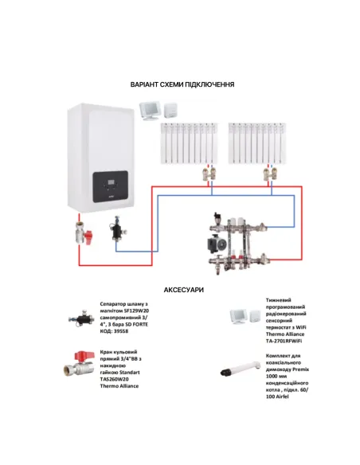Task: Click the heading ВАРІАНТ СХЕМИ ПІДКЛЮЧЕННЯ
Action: coord(182,84)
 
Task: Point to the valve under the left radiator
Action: coord(209,173)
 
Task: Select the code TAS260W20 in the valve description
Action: coord(118,380)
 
